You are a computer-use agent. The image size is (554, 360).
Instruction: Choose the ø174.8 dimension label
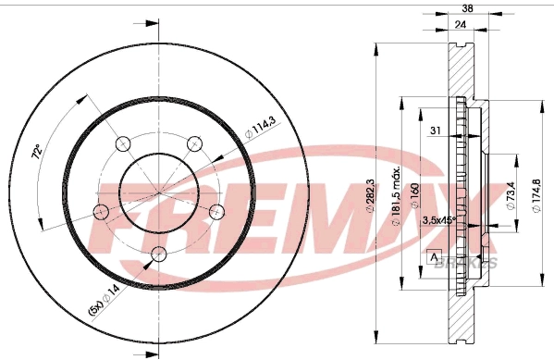point(537,196)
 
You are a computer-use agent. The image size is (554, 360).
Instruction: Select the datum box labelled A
point(434,255)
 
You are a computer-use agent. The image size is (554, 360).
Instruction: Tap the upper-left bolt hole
point(122,143)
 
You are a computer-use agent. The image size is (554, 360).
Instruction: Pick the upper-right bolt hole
point(193,143)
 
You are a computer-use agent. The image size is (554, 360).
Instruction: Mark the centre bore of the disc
point(157,191)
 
